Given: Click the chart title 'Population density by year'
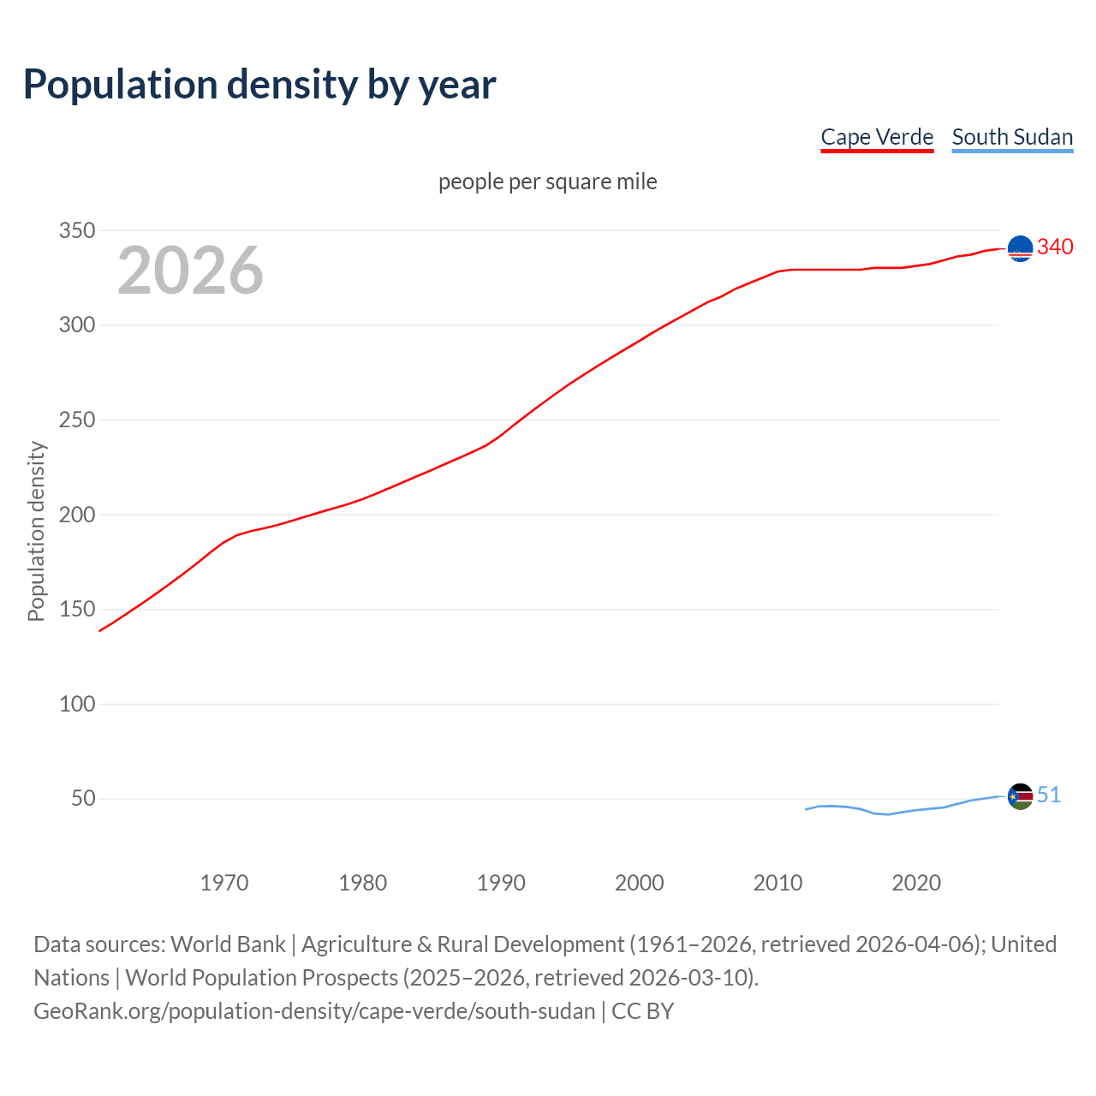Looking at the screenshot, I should (259, 85).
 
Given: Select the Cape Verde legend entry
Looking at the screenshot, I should (877, 137).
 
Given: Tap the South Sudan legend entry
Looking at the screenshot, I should (1012, 137).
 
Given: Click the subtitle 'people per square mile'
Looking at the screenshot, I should (548, 182).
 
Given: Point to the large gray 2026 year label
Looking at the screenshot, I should (190, 271).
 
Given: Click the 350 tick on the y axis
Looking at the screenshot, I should (76, 230).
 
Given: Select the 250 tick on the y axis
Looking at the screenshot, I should (76, 420).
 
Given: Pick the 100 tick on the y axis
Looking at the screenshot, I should (76, 704).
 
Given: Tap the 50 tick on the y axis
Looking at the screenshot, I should (82, 799).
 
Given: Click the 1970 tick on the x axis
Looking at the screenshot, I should (224, 883).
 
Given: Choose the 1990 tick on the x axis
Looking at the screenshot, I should (501, 883).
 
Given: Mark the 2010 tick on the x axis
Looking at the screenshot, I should (777, 883).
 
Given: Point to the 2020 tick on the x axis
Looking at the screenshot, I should (916, 883).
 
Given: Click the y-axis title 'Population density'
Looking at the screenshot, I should (36, 531).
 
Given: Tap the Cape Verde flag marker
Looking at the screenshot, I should (1020, 248).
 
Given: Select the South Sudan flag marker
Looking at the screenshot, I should (1020, 796).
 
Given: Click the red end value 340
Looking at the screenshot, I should (1055, 247).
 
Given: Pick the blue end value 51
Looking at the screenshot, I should (1049, 795).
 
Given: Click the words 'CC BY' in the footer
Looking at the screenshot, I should (642, 1011).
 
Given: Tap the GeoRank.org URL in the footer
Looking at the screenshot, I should (314, 1011).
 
